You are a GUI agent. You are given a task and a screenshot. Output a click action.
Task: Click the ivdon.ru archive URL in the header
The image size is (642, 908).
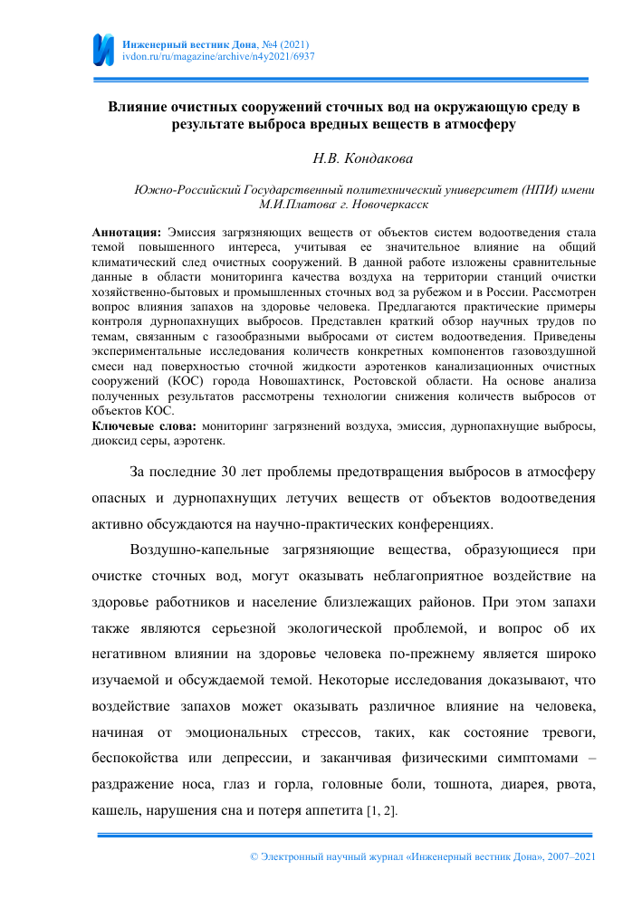218,56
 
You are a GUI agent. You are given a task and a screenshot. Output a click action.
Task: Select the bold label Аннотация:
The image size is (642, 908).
128,233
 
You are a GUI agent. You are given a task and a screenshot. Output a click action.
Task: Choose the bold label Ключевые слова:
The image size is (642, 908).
146,425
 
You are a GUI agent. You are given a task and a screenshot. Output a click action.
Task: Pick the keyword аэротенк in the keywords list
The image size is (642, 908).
196,441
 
